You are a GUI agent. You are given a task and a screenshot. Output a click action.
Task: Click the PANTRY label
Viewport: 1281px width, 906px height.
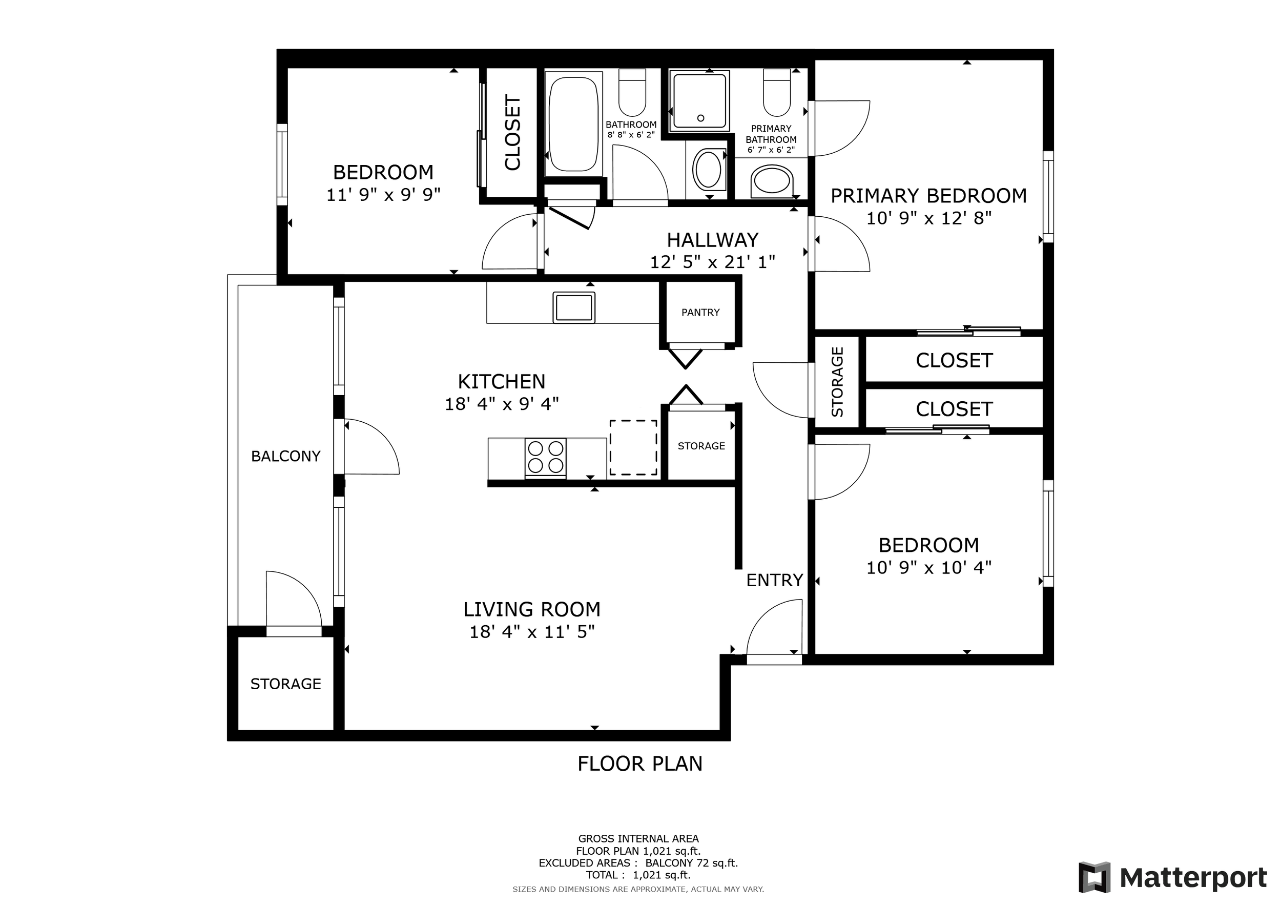point(700,313)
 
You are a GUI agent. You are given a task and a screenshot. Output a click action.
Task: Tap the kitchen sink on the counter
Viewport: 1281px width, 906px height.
point(573,307)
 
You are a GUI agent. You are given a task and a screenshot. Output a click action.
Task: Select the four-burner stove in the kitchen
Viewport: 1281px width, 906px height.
point(546,458)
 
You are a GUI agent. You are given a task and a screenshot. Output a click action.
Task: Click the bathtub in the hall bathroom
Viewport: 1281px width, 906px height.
point(573,124)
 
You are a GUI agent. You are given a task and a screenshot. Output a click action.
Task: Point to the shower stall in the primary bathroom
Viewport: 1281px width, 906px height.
point(699,100)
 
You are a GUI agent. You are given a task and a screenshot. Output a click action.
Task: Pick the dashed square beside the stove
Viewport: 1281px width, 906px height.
point(633,447)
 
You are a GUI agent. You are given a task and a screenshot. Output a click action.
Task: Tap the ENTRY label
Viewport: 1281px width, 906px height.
point(774,580)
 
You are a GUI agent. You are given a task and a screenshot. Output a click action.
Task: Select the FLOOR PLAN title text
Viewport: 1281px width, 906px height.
point(640,764)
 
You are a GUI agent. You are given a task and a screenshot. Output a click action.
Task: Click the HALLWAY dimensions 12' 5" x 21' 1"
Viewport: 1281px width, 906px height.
point(712,262)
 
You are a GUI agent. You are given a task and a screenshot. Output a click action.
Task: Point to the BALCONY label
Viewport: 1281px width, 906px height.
point(285,457)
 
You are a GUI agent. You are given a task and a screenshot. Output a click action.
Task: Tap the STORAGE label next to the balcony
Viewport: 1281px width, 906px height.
point(285,684)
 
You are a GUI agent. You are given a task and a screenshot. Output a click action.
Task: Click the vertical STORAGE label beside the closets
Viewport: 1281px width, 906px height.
point(837,382)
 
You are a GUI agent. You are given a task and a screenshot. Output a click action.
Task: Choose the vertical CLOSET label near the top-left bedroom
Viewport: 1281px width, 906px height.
point(512,132)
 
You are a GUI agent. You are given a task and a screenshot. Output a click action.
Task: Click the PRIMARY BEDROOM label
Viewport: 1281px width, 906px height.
point(928,196)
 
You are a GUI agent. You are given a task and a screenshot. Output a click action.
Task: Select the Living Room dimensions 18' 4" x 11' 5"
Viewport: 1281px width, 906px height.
point(532,632)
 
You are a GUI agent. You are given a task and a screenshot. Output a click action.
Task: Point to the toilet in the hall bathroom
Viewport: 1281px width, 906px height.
point(632,93)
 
